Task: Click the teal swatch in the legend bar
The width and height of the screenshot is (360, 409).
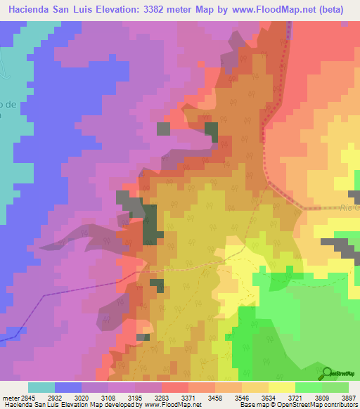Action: (x=41, y=387)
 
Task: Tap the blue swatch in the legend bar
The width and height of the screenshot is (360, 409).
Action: (x=68, y=387)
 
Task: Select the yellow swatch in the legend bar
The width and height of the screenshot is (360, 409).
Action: (x=281, y=387)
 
